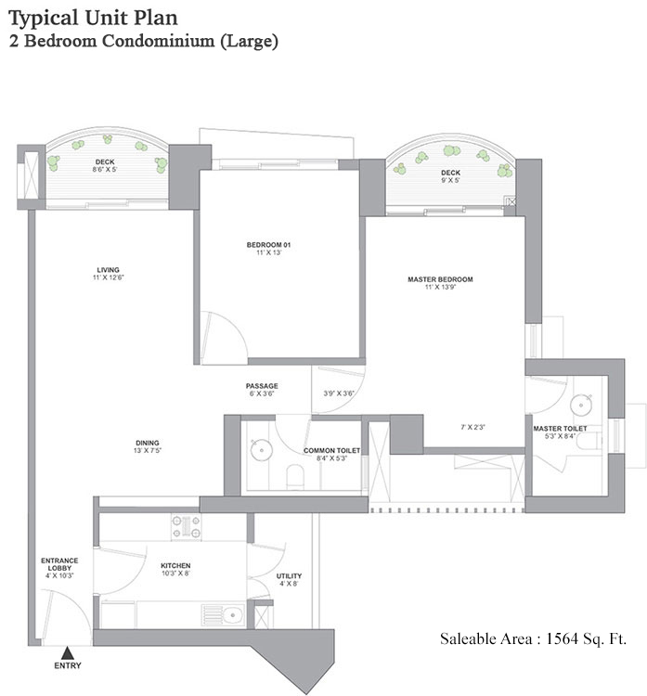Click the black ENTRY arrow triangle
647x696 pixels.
(66, 652)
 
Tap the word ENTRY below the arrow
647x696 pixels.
(67, 666)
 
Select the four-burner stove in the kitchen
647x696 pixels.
(186, 527)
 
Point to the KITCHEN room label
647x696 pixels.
(175, 565)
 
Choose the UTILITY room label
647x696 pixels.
(289, 576)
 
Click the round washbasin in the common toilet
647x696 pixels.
(262, 450)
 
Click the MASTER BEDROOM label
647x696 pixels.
(440, 279)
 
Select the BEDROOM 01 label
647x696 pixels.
(269, 245)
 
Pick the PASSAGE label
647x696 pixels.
(262, 386)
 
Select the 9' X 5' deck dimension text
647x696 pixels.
(451, 182)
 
